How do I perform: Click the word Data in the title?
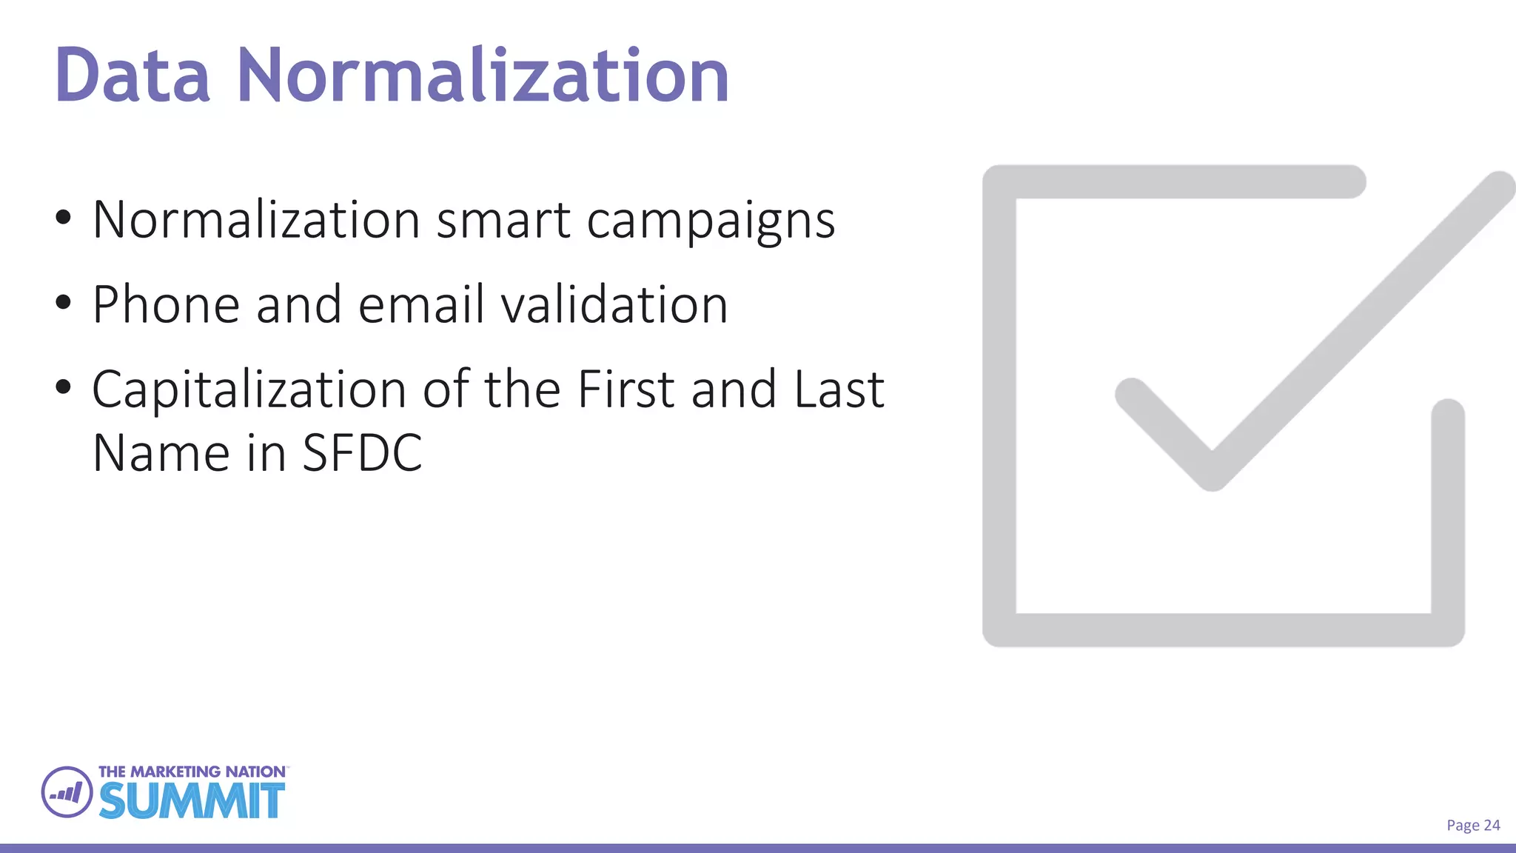[133, 76]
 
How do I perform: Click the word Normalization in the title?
[483, 76]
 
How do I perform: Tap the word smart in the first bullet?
[503, 220]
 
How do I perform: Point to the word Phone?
[166, 304]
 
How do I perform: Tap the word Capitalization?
[249, 390]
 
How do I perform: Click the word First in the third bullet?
[625, 389]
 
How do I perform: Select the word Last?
[839, 389]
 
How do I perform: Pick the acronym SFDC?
[362, 452]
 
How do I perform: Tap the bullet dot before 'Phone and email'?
[64, 302]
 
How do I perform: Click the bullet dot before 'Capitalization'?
[64, 387]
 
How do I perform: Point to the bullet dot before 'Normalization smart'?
[64, 218]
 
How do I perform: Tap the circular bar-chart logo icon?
[67, 792]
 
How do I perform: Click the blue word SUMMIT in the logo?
[192, 800]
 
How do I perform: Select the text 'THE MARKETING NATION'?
[192, 772]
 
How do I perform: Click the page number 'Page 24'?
[1473, 826]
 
